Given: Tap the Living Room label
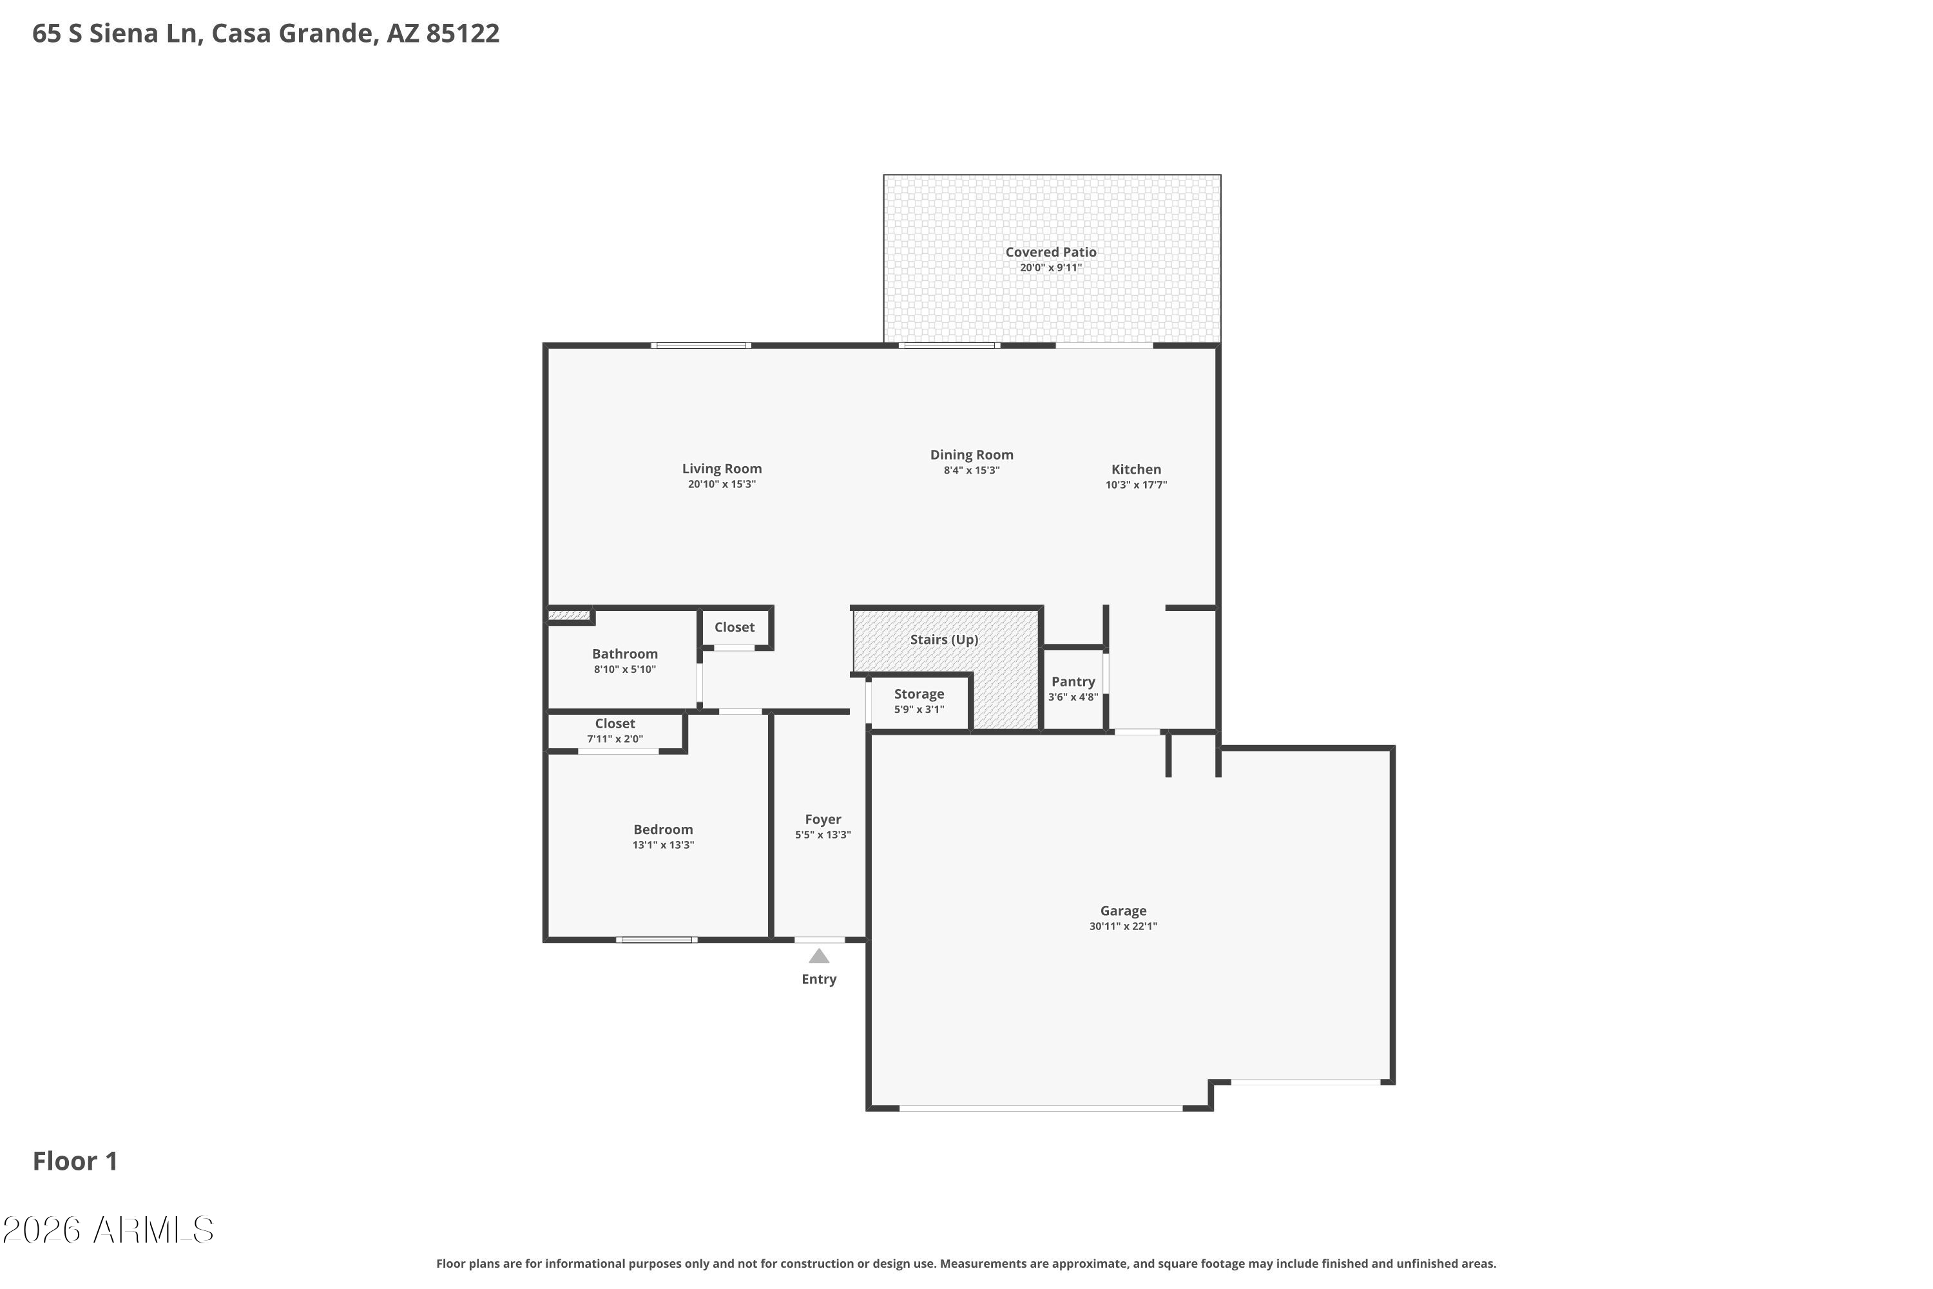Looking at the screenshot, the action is pos(722,469).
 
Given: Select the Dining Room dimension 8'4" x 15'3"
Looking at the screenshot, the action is pos(972,470).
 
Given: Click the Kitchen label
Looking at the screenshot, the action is pos(1136,469).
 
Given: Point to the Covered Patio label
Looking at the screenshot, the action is pos(1051,253).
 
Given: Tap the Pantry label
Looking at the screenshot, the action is pos(1073,681).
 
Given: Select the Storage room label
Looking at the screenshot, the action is pos(919,694).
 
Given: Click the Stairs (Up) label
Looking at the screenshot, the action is pos(945,639).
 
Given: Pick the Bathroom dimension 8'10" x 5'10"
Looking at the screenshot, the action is pos(624,669).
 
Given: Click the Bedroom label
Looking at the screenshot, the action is pos(663,829).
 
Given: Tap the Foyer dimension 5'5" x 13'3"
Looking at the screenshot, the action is pos(823,835).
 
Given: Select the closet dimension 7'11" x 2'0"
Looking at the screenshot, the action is pos(615,739).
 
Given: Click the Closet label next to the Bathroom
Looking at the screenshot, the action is pos(734,627).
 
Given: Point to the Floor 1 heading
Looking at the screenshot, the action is pos(75,1161).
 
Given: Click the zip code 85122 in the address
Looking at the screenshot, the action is pos(463,33).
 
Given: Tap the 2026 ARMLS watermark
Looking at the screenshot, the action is pos(108,1230).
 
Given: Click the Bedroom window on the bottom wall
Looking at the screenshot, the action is pos(657,940).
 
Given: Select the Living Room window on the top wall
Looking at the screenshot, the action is pos(701,345).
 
